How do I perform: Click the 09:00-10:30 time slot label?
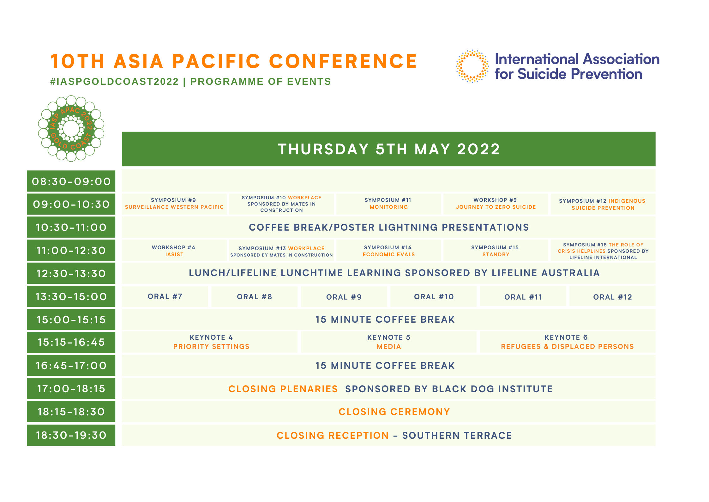[x=71, y=204]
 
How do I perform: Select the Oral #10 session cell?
[x=433, y=297]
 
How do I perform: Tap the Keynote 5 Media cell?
[x=388, y=342]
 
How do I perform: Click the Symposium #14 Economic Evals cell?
[x=388, y=251]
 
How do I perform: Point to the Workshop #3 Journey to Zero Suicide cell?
[x=496, y=204]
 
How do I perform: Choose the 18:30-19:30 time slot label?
[x=71, y=435]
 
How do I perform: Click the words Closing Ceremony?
[x=394, y=412]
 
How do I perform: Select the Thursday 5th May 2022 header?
[x=388, y=149]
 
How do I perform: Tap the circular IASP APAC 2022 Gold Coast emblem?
[x=71, y=128]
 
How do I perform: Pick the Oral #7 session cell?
[x=165, y=297]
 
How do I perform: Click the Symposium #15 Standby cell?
[x=496, y=251]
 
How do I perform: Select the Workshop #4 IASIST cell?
[x=174, y=251]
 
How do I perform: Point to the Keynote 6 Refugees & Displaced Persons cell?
[x=568, y=342]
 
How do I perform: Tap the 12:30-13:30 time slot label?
[x=71, y=274]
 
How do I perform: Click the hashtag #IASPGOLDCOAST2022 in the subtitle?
[x=114, y=82]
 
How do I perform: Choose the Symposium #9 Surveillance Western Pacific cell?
[x=174, y=204]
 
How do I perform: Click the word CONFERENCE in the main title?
[x=343, y=61]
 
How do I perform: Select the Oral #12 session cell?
[x=612, y=297]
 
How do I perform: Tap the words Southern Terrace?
[x=457, y=436]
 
